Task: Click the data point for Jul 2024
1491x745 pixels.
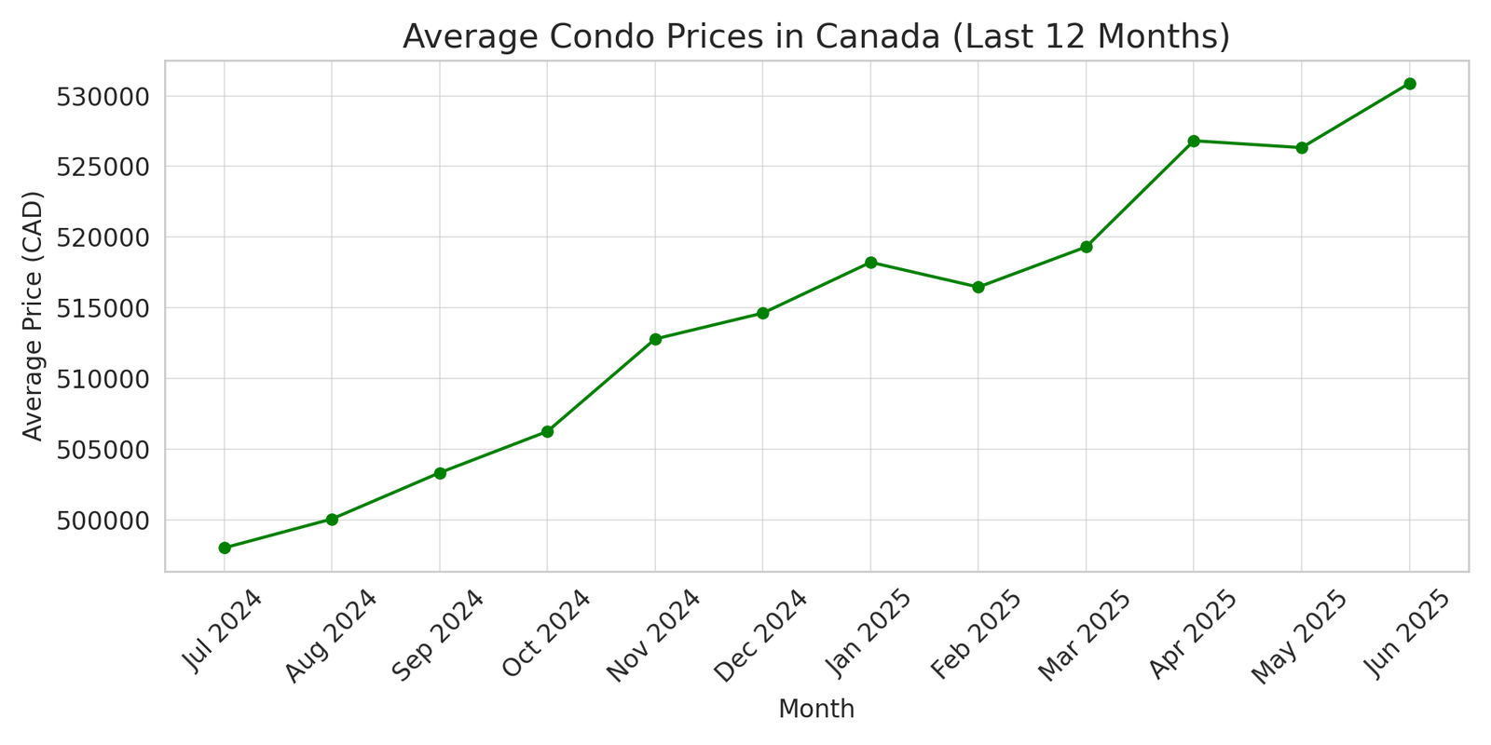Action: pyautogui.click(x=225, y=548)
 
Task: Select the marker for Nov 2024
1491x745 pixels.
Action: pyautogui.click(x=655, y=339)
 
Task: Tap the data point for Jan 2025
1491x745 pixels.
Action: pyautogui.click(x=870, y=263)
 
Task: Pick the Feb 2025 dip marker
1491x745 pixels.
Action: pyautogui.click(x=978, y=287)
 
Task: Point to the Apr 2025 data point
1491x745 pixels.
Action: pyautogui.click(x=1194, y=141)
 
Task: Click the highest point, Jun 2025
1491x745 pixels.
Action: pyautogui.click(x=1410, y=84)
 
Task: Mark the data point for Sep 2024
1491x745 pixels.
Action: pyautogui.click(x=440, y=473)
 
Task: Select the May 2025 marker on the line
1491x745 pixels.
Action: pyautogui.click(x=1302, y=147)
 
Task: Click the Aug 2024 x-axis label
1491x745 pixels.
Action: pyautogui.click(x=331, y=635)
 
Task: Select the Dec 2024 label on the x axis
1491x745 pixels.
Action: pyautogui.click(x=760, y=635)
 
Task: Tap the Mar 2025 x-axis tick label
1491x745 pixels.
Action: pyautogui.click(x=1084, y=635)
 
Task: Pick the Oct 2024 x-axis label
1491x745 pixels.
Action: pyautogui.click(x=546, y=635)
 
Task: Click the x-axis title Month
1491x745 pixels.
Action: pyautogui.click(x=816, y=710)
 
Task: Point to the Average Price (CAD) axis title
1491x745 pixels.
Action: pyautogui.click(x=34, y=316)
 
